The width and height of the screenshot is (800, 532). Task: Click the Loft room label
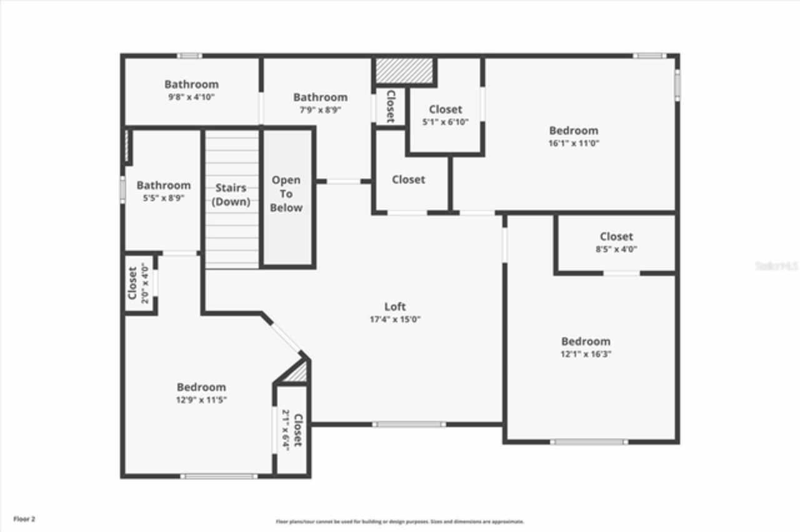(x=394, y=307)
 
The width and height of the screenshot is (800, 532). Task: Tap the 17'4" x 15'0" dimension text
(x=394, y=320)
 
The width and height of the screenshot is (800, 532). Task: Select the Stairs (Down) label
(x=231, y=195)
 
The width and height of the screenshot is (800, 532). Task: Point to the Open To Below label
(x=286, y=194)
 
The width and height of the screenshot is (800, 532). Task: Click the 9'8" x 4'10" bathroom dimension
(x=192, y=97)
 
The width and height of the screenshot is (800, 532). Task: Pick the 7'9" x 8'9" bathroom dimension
(x=320, y=110)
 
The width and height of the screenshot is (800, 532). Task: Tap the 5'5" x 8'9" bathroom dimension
(x=164, y=198)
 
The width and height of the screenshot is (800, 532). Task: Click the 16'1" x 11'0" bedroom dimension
(x=573, y=143)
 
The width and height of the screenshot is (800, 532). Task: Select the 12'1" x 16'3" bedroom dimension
(x=586, y=354)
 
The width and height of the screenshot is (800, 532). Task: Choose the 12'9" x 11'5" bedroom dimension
(x=201, y=400)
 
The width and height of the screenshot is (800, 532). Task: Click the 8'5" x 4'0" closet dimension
(x=616, y=249)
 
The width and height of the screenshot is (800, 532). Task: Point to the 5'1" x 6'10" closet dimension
(x=445, y=122)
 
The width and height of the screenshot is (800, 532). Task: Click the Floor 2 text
(x=24, y=519)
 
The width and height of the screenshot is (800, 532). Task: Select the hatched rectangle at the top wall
(x=404, y=71)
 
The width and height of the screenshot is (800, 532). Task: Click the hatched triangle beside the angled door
(x=297, y=373)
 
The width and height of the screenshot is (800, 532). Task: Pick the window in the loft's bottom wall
(x=409, y=425)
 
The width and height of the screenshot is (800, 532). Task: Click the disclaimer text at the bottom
(x=400, y=521)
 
